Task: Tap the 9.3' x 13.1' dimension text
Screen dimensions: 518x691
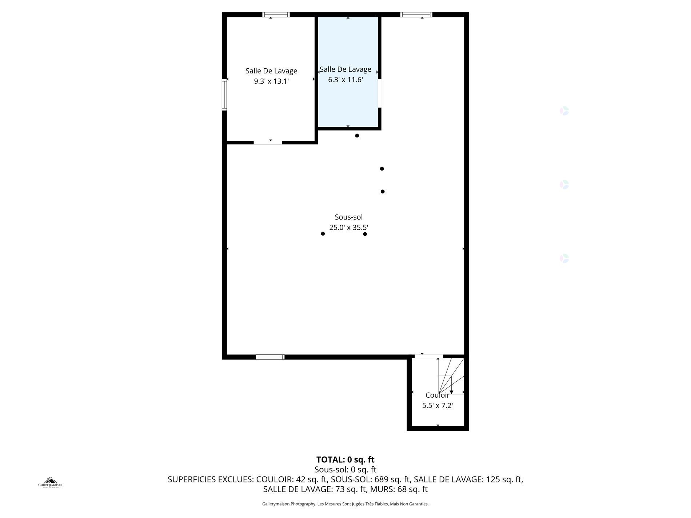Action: click(x=271, y=81)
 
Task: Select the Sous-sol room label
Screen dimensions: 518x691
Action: click(x=348, y=217)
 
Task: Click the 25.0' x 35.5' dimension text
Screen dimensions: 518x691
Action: click(x=348, y=228)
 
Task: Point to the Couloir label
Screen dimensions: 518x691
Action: click(x=437, y=395)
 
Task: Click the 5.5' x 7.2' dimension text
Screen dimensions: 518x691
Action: click(x=437, y=406)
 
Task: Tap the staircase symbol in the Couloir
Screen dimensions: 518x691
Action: click(x=451, y=376)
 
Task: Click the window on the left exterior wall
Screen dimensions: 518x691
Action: click(x=224, y=95)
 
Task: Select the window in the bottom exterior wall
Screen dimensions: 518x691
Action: click(x=270, y=357)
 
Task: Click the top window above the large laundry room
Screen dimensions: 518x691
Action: click(x=276, y=15)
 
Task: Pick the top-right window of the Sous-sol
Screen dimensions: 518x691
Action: click(x=416, y=15)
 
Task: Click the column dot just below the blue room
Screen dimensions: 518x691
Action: click(x=357, y=136)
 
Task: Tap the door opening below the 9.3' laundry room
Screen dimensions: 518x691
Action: click(x=268, y=142)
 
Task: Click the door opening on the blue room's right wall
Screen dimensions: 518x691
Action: click(x=379, y=93)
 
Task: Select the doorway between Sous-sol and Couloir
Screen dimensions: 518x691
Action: click(x=428, y=357)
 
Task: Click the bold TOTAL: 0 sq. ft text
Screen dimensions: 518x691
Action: click(x=345, y=459)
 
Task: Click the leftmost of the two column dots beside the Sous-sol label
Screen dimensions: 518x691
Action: click(x=323, y=234)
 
